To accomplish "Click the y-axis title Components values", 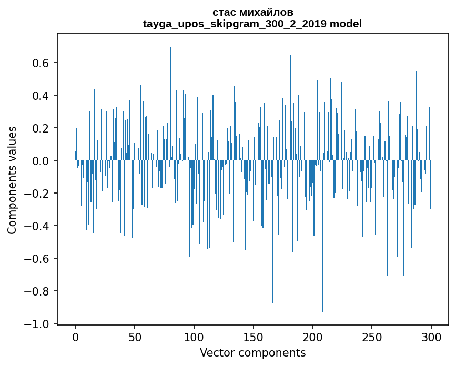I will pyautogui.click(x=12, y=180).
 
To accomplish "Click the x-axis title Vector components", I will pyautogui.click(x=252, y=353).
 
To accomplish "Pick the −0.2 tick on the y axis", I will pyautogui.click(x=40, y=194).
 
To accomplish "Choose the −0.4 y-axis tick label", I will pyautogui.click(x=40, y=226).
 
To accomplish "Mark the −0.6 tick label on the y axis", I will pyautogui.click(x=40, y=259).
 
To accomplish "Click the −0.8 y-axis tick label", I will pyautogui.click(x=40, y=291).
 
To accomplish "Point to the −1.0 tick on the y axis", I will pyautogui.click(x=40, y=324).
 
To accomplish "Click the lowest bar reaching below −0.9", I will pyautogui.click(x=322, y=237).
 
